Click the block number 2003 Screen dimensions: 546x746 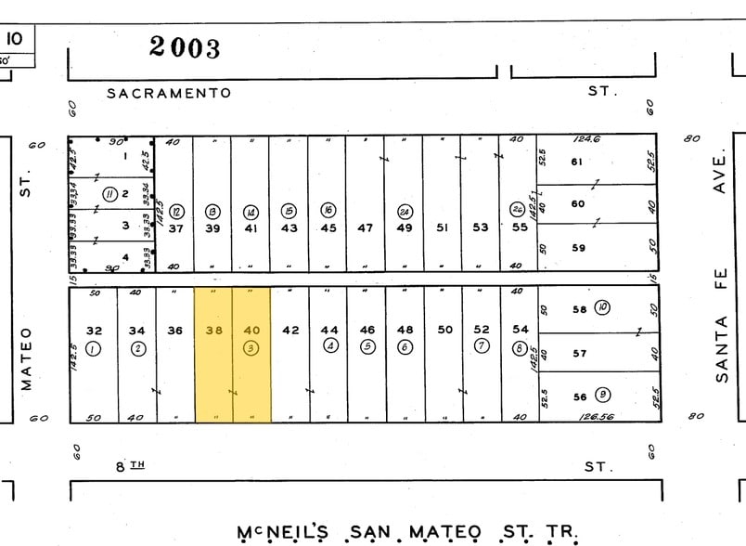coord(185,45)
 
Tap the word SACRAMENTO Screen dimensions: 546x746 coord(168,93)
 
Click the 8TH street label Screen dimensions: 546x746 coord(131,466)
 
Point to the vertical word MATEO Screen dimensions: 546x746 coord(26,357)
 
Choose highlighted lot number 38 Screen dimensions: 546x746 coord(214,330)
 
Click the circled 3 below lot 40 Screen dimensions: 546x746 coord(251,348)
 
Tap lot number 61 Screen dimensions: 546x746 coord(576,162)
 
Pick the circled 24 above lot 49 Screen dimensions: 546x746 coord(405,210)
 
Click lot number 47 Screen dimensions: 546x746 coord(366,228)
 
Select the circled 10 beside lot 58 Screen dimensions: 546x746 coord(602,307)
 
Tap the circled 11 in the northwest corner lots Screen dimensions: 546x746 coord(109,193)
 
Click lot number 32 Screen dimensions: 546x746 coord(94,330)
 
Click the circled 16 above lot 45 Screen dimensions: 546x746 coord(328,210)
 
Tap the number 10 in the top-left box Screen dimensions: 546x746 coord(15,39)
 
